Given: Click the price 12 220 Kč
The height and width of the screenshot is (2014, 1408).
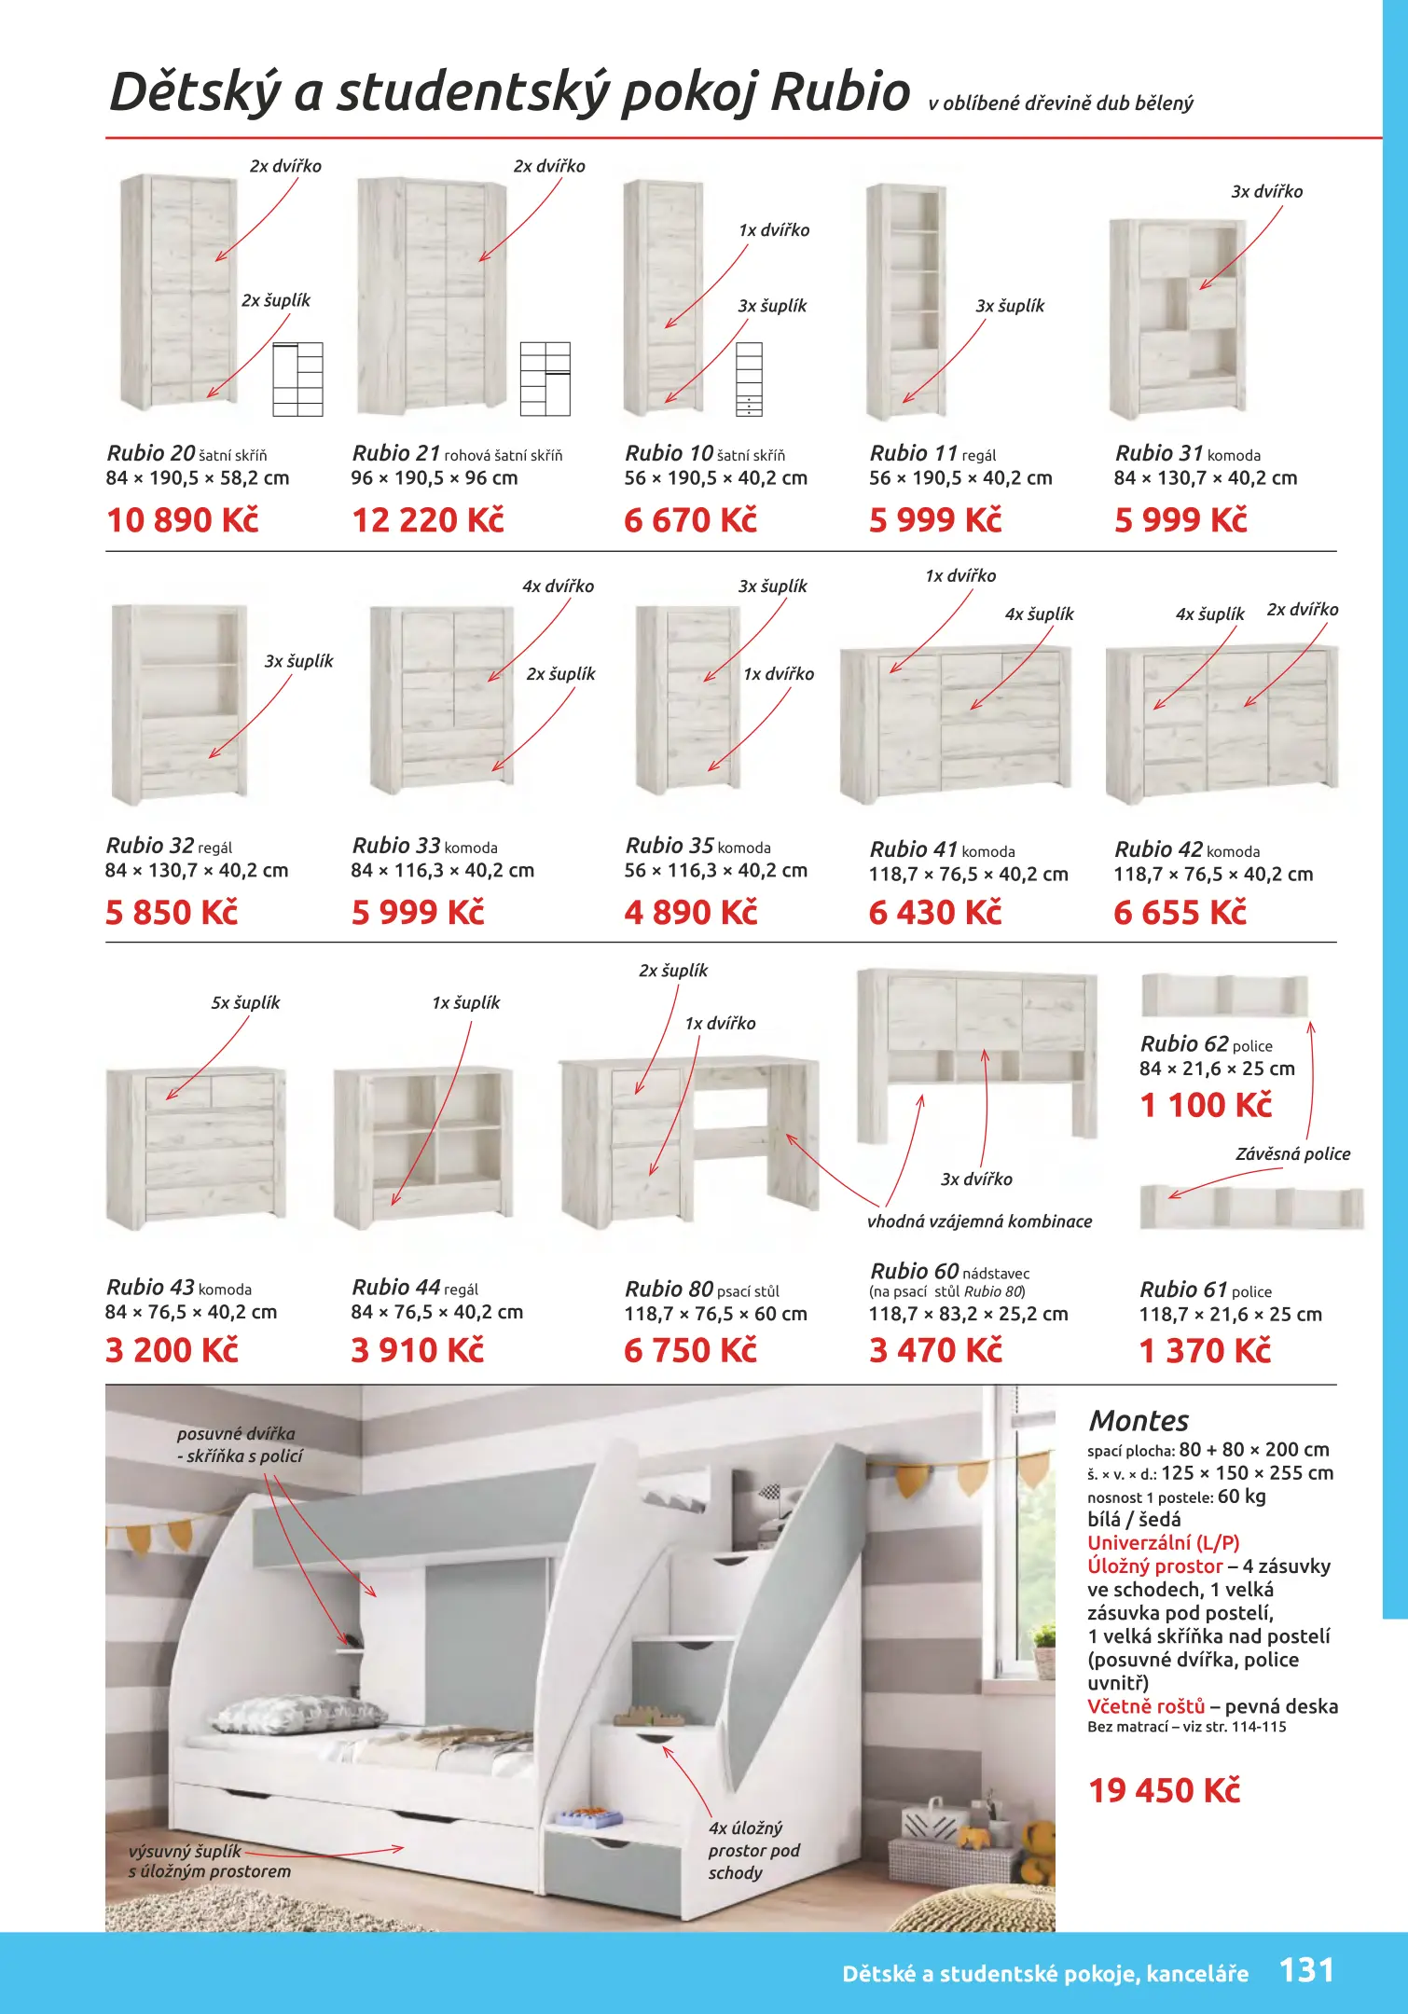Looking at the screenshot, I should click(428, 520).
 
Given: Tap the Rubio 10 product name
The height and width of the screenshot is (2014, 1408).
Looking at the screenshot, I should click(669, 453).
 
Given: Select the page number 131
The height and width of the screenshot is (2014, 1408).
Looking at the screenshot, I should click(1306, 1969).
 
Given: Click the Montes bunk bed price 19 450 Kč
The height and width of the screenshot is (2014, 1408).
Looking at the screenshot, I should click(1165, 1790).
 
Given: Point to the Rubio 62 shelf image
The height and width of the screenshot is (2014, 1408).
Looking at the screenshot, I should click(1224, 996).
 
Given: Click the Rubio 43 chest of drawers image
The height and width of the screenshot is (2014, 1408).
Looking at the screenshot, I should click(196, 1147).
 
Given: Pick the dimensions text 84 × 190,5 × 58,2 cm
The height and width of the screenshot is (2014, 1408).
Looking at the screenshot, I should click(198, 478).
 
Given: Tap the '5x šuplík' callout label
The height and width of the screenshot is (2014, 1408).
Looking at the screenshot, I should click(245, 1002).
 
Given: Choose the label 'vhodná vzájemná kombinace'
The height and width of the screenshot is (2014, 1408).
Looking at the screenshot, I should click(979, 1221).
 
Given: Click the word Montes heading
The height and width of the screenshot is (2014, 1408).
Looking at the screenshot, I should click(1139, 1420).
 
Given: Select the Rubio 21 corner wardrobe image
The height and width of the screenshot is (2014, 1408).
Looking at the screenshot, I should click(432, 297).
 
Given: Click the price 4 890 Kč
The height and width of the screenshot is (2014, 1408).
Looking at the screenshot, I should click(691, 912).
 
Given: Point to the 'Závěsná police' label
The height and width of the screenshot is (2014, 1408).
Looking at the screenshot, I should click(1292, 1153).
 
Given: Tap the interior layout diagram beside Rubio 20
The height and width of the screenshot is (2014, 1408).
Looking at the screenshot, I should click(297, 379).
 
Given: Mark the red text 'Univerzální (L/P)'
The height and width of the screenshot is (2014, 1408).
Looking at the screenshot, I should click(1163, 1542).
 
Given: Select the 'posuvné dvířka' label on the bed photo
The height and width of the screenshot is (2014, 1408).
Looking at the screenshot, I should click(236, 1433).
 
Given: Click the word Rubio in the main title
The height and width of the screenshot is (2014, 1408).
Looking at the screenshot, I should click(840, 91).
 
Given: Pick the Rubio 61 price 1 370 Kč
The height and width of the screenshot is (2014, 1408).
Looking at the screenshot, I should click(1205, 1350).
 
